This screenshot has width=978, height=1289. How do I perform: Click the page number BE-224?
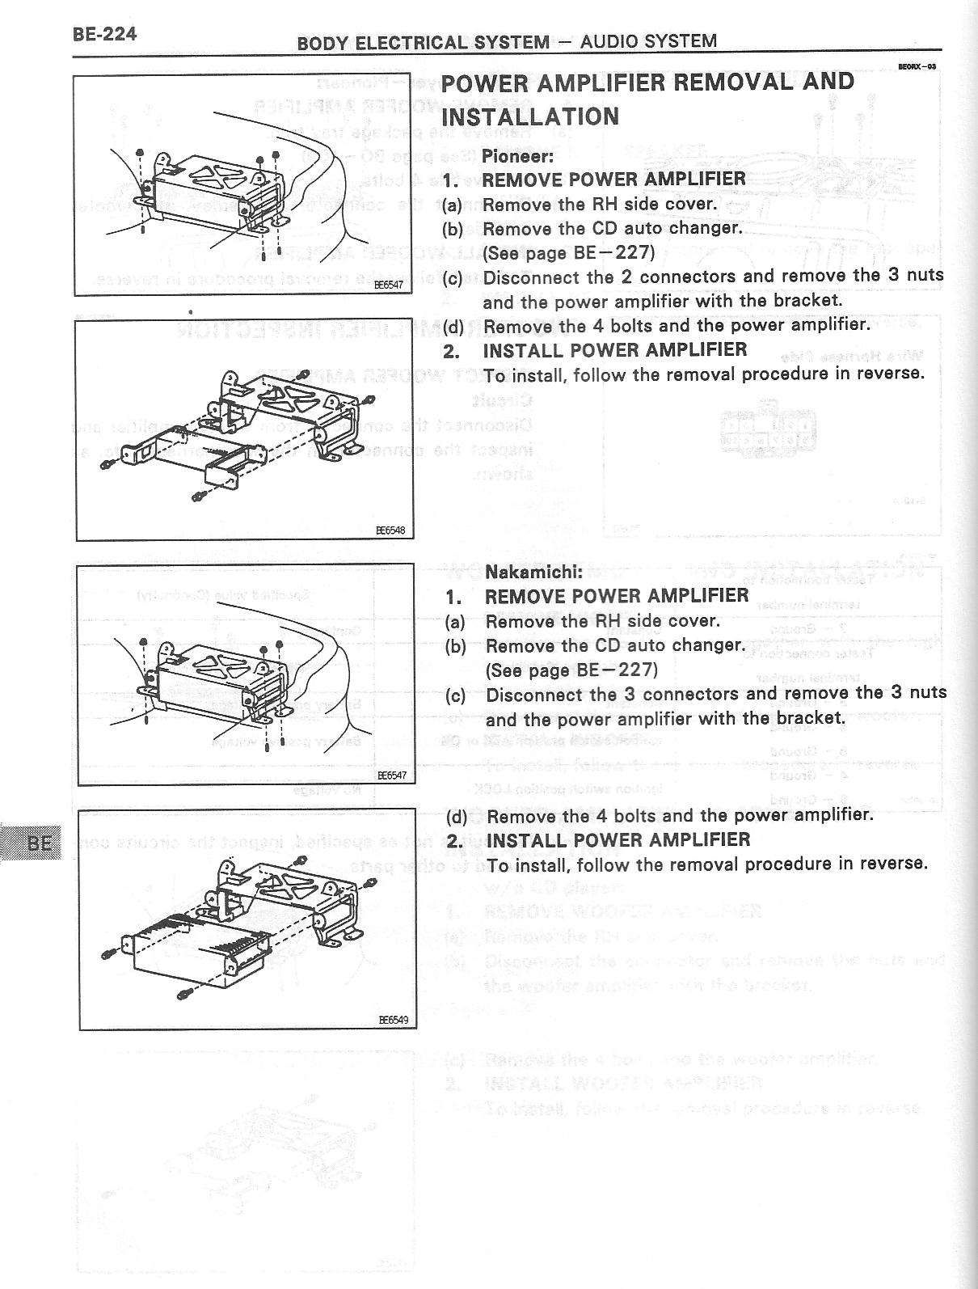(104, 34)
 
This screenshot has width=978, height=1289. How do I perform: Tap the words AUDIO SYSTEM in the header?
(648, 41)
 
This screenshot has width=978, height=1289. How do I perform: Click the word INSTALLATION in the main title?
(531, 116)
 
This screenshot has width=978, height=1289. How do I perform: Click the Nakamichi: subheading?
(533, 572)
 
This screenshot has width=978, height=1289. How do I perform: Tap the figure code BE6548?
(390, 531)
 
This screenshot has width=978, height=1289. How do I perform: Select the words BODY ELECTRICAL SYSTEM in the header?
(423, 43)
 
